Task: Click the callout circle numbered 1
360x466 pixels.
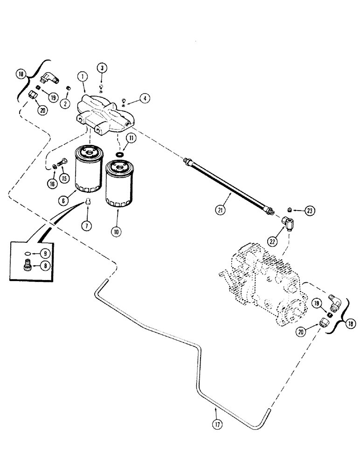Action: coord(82,76)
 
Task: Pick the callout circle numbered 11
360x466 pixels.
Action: coord(132,138)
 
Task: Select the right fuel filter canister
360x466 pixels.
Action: coord(118,183)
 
